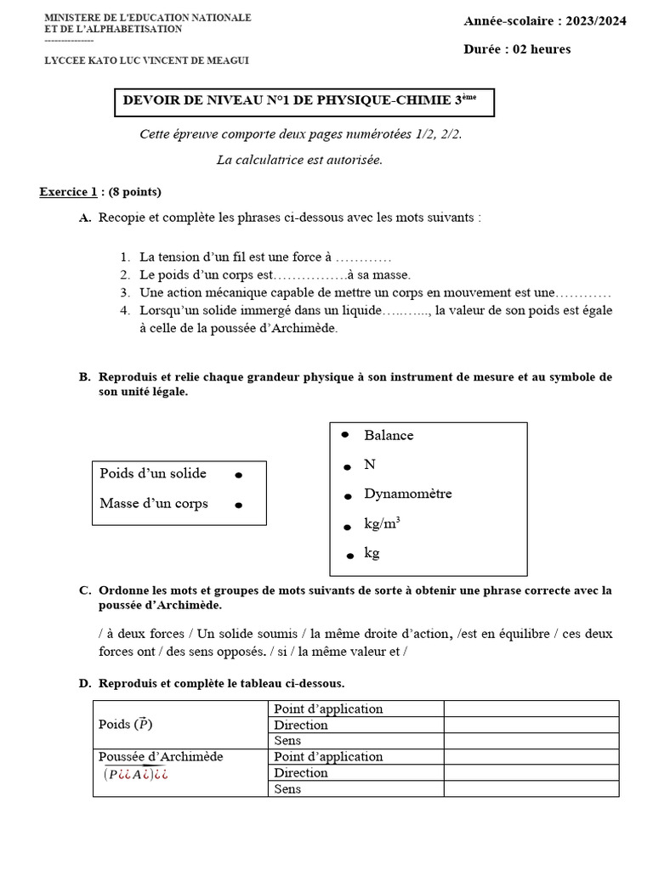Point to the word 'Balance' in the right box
(x=389, y=435)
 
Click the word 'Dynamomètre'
(x=407, y=494)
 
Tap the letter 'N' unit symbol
(x=370, y=465)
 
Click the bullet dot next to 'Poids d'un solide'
(x=239, y=475)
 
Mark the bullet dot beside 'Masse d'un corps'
(x=239, y=505)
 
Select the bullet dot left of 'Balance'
(x=345, y=434)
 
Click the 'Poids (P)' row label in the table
(x=126, y=725)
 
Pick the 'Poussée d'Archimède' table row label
(x=161, y=756)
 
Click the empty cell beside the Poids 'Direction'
(x=531, y=725)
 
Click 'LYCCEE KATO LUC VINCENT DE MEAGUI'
(x=146, y=59)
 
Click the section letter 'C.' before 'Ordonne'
(x=85, y=590)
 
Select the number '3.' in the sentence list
(x=125, y=292)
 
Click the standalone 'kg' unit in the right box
(x=372, y=553)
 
